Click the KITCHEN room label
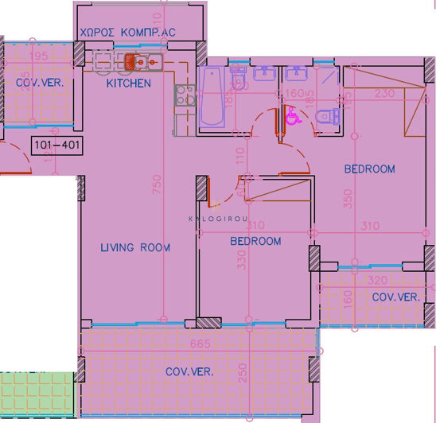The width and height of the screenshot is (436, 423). coord(128,83)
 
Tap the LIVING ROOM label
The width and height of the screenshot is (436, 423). coord(135,247)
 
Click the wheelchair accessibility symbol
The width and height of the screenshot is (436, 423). coord(291,118)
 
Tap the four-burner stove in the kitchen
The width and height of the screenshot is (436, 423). coord(185,95)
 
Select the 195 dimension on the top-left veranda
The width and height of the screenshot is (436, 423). coord(37,57)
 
